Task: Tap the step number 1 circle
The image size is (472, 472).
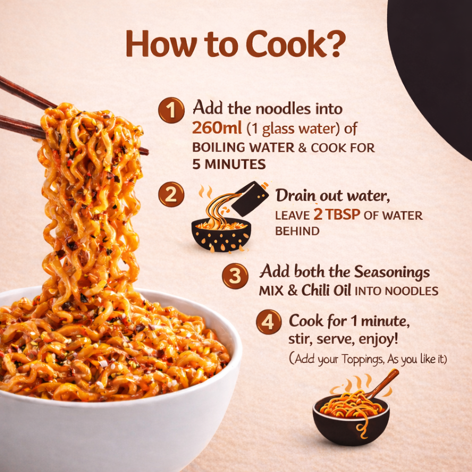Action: pyautogui.click(x=171, y=110)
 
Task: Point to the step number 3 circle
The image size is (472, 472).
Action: pyautogui.click(x=235, y=276)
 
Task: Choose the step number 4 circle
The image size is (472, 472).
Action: pyautogui.click(x=268, y=322)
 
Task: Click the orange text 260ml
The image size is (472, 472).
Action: pyautogui.click(x=217, y=128)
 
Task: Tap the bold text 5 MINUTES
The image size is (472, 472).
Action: pyautogui.click(x=229, y=165)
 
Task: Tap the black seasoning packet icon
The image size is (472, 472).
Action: pyautogui.click(x=250, y=198)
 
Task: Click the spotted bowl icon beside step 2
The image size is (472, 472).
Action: pyautogui.click(x=221, y=235)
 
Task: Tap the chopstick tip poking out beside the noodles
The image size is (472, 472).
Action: pyautogui.click(x=144, y=151)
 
